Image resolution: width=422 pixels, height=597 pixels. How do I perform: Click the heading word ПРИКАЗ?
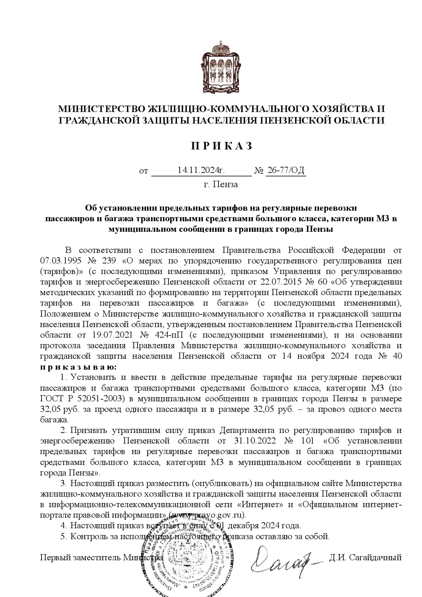[x=222, y=146]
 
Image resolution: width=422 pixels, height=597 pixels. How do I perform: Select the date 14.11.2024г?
[x=201, y=171]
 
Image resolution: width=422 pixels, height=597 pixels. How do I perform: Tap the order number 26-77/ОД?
[x=286, y=171]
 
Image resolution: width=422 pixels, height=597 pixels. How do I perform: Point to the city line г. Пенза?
[x=221, y=184]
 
